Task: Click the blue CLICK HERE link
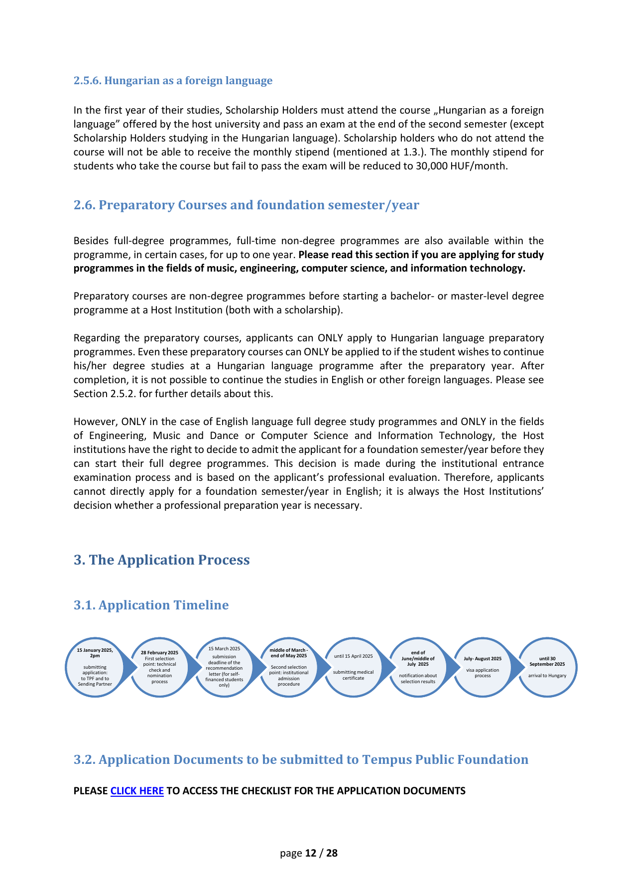tap(137, 791)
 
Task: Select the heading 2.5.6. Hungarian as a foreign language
tap(173, 81)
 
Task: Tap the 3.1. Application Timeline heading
tap(151, 605)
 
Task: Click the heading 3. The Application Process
tap(161, 560)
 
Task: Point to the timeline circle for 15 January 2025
tap(95, 667)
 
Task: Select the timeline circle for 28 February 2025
tap(159, 667)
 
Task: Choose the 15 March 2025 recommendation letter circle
tap(224, 667)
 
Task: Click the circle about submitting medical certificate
tap(354, 667)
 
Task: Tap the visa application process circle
tap(483, 667)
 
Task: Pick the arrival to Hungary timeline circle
tap(547, 667)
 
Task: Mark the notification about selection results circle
tap(418, 667)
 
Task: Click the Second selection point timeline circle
tap(289, 667)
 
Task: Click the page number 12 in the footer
tap(311, 853)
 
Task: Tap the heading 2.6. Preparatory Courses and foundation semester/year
tap(246, 205)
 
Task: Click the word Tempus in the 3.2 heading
tap(386, 759)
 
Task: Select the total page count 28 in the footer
tap(332, 853)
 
